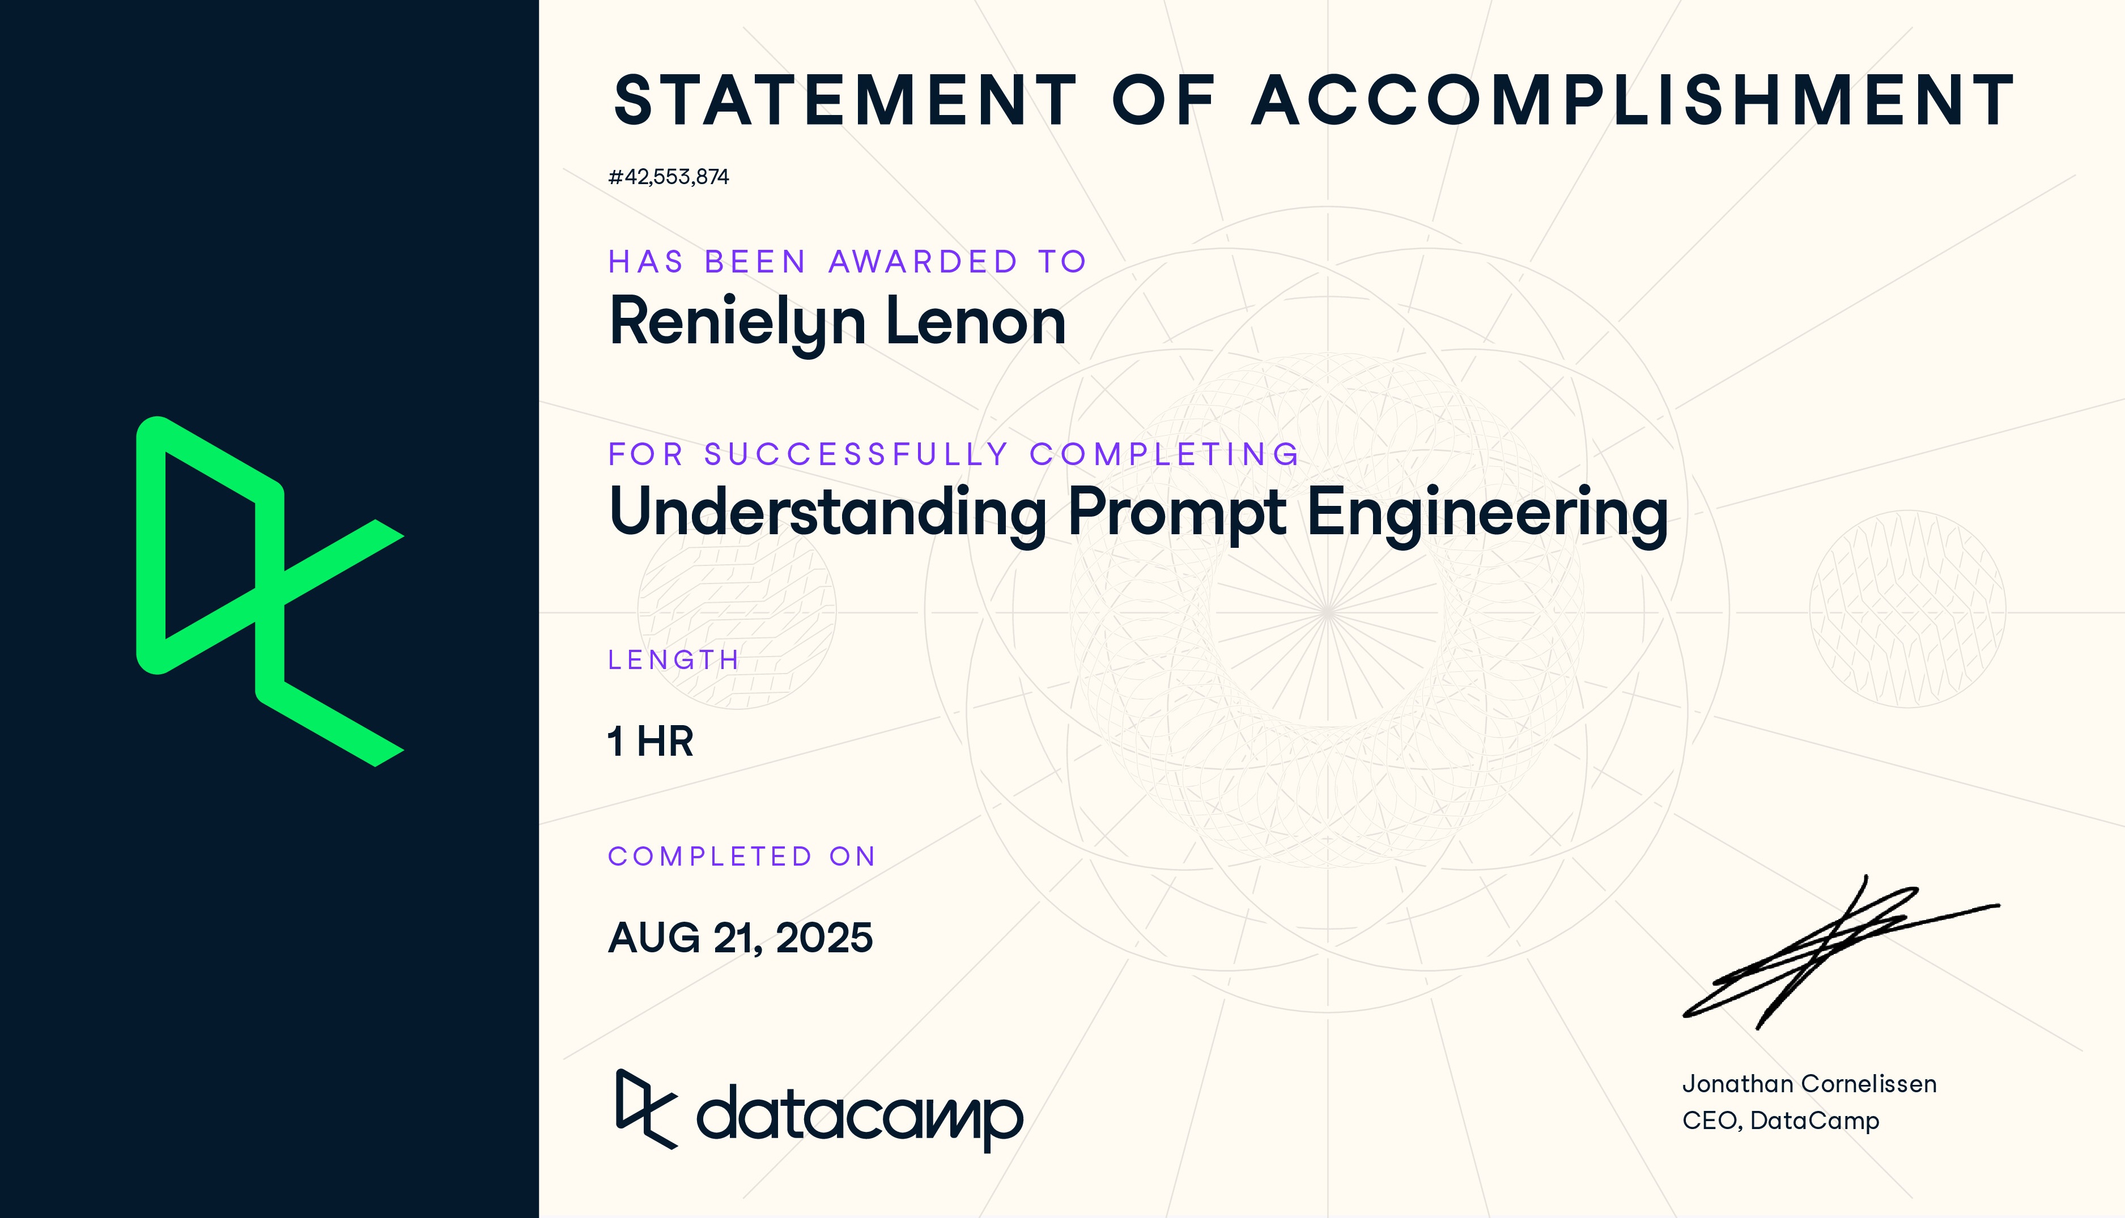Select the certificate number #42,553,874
click(x=669, y=177)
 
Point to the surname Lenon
click(x=975, y=323)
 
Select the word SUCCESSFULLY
click(x=856, y=454)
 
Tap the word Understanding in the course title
click(x=827, y=512)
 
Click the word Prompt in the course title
click(x=1177, y=512)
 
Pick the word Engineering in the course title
click(x=1487, y=512)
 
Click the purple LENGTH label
click(x=673, y=660)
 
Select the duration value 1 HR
click(x=650, y=741)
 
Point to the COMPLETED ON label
click(x=741, y=857)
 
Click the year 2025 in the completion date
click(x=824, y=938)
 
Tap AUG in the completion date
click(x=653, y=938)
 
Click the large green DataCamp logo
click(x=269, y=591)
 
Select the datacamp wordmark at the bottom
click(x=858, y=1115)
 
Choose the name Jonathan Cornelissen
click(x=1809, y=1084)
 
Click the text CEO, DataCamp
click(x=1780, y=1120)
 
